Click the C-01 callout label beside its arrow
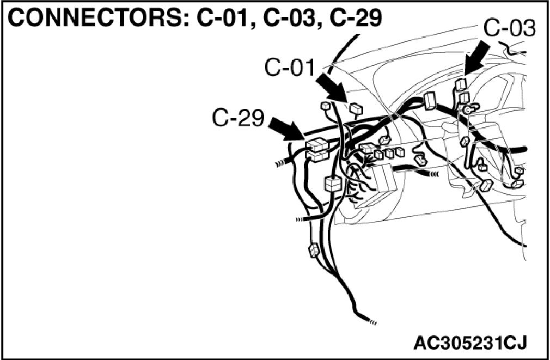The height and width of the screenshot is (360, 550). pyautogui.click(x=289, y=68)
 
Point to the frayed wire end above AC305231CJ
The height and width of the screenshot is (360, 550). pyautogui.click(x=372, y=321)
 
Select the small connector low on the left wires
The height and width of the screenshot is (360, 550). pyautogui.click(x=314, y=252)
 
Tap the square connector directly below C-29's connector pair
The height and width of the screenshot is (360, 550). pyautogui.click(x=332, y=184)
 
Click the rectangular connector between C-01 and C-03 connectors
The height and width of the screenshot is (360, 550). pyautogui.click(x=430, y=101)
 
